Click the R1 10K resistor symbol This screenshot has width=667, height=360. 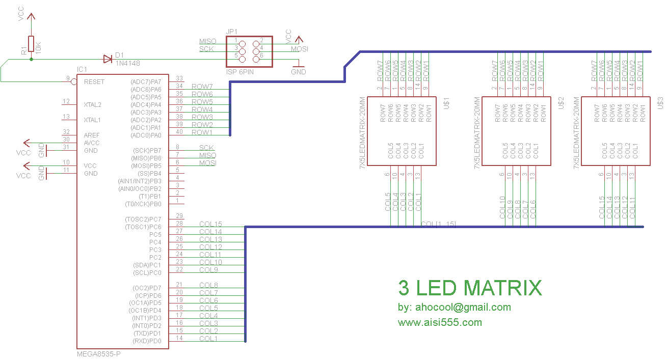click(31, 44)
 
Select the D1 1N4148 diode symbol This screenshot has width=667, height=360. click(108, 59)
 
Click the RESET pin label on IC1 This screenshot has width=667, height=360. click(94, 81)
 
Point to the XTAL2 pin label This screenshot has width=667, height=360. click(92, 104)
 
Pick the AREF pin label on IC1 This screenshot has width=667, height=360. click(92, 135)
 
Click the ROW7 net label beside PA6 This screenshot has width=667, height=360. click(202, 87)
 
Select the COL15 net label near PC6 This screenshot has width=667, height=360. click(210, 224)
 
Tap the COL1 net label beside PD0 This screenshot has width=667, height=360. click(208, 339)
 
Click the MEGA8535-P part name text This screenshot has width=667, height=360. click(98, 353)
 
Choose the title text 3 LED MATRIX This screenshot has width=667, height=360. click(469, 288)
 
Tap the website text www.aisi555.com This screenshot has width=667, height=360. click(440, 322)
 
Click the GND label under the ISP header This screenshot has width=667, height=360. click(299, 72)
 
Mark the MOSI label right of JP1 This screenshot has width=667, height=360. click(300, 49)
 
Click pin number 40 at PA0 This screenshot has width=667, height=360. click(179, 132)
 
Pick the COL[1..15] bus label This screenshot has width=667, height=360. click(438, 225)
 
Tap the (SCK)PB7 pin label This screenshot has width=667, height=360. click(147, 150)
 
